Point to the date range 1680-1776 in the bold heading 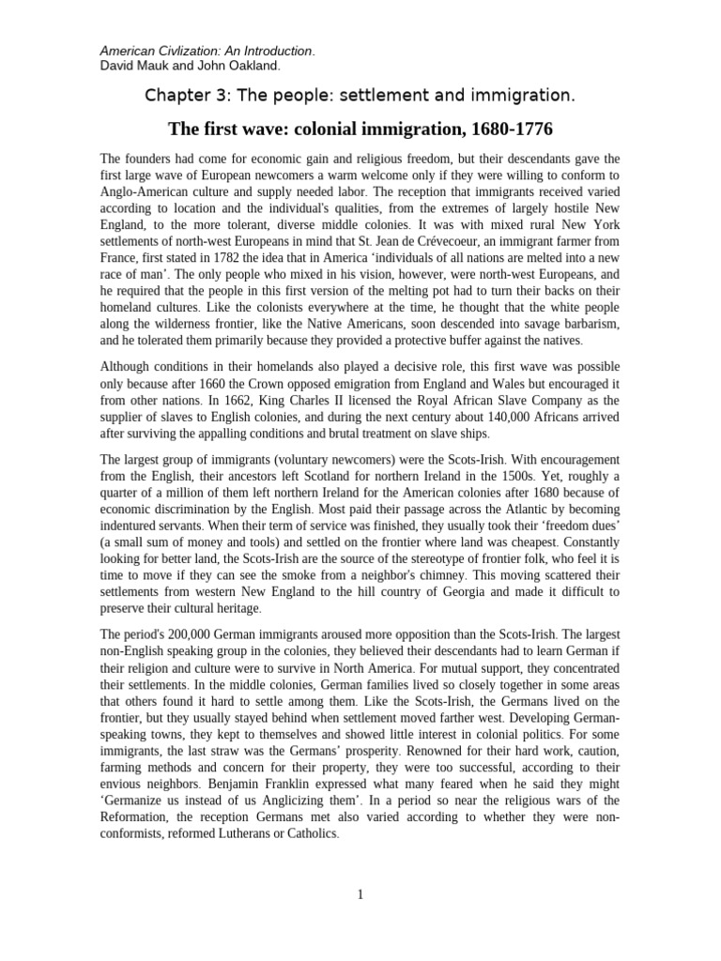515,129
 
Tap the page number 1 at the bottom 360,895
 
